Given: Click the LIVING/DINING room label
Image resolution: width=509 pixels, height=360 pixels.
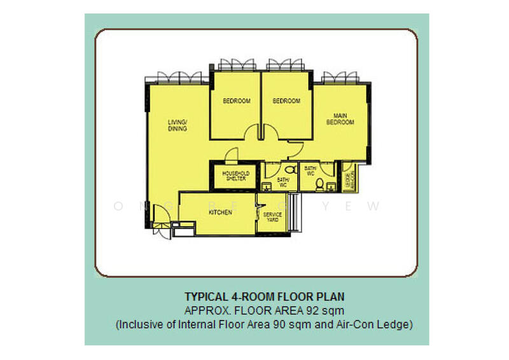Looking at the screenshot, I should pyautogui.click(x=178, y=125).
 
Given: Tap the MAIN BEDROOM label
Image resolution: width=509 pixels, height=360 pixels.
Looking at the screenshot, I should pyautogui.click(x=340, y=119).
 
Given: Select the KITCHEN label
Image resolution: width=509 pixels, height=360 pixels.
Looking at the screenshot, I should pyautogui.click(x=220, y=212).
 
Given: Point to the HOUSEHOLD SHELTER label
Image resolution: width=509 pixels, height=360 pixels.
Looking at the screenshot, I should pyautogui.click(x=235, y=176).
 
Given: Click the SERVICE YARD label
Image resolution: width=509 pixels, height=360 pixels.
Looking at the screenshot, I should pyautogui.click(x=273, y=217).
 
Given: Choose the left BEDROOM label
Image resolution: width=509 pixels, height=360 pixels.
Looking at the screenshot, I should pyautogui.click(x=236, y=101).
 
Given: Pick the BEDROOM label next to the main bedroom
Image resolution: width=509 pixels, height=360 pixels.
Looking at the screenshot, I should pyautogui.click(x=286, y=101).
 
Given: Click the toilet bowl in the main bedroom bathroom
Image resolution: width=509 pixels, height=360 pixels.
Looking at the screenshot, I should pyautogui.click(x=318, y=185).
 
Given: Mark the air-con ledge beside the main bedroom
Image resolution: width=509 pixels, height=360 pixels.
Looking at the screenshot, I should pyautogui.click(x=349, y=177).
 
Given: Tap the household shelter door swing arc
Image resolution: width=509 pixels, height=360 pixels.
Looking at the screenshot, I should pyautogui.click(x=232, y=154).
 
